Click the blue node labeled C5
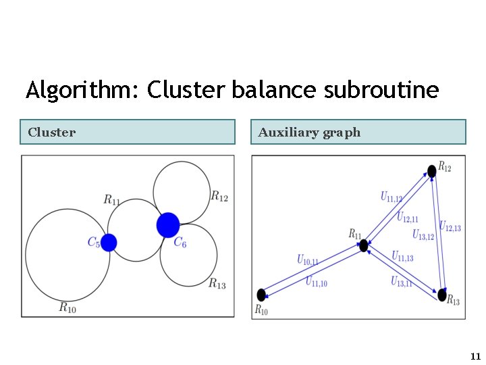click(x=109, y=242)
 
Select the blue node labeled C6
click(x=168, y=225)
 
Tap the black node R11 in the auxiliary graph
click(x=364, y=245)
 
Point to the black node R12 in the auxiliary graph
click(x=431, y=170)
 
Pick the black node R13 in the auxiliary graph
click(x=442, y=295)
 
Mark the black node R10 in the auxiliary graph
click(x=262, y=295)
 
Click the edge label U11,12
click(x=391, y=197)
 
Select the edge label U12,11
click(x=407, y=217)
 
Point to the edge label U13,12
click(x=423, y=235)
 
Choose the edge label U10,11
click(x=308, y=259)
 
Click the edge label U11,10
click(x=317, y=282)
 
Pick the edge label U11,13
click(x=402, y=256)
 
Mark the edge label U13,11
click(x=401, y=282)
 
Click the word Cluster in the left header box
click(x=52, y=132)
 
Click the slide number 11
click(x=475, y=356)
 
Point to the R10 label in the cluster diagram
click(x=67, y=308)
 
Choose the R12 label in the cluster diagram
click(x=219, y=197)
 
